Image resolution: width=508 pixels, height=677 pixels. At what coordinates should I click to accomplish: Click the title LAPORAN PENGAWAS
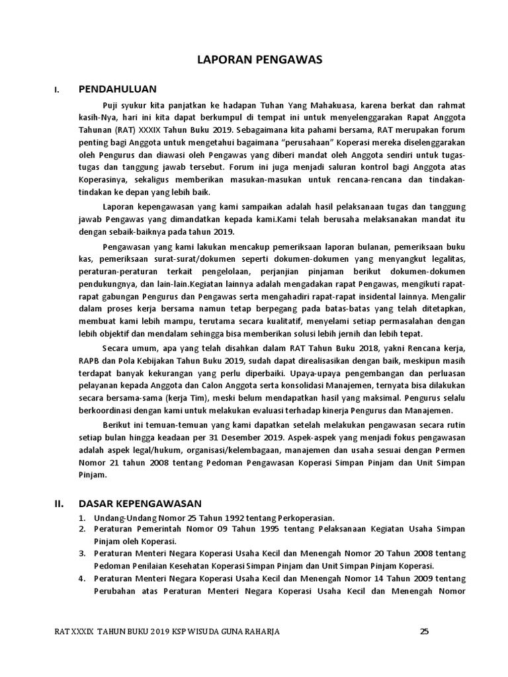pos(259,60)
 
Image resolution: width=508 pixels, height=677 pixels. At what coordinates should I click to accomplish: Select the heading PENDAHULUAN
pos(118,89)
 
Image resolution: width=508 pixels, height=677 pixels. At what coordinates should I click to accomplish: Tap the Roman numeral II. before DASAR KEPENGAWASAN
pos(58,503)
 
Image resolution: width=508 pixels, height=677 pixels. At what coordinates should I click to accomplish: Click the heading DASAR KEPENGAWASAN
pos(140,503)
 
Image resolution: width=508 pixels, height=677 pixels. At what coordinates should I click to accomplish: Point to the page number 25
pos(425,631)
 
